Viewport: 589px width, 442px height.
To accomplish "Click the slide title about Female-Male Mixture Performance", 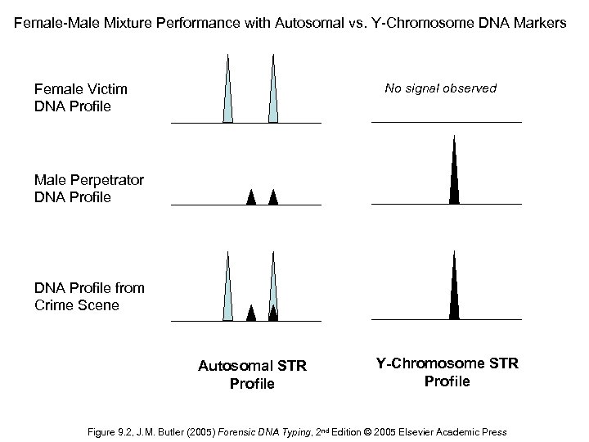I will click(x=294, y=24).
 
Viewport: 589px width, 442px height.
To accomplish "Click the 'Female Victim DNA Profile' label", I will click(x=81, y=97).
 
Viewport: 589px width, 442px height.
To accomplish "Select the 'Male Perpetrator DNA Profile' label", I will click(x=89, y=188).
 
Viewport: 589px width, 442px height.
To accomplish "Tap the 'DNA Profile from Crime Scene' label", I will click(x=89, y=296).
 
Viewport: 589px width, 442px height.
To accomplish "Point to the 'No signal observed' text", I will click(x=441, y=88).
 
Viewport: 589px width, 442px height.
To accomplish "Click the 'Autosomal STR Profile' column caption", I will click(x=252, y=375).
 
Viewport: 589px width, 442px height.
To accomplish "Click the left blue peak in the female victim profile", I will click(x=228, y=94).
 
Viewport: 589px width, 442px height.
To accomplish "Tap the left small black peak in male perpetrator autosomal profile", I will click(x=251, y=197).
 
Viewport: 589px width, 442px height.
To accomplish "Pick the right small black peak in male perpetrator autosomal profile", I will click(x=273, y=197).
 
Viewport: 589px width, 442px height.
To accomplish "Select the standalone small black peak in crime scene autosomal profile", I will click(x=251, y=312).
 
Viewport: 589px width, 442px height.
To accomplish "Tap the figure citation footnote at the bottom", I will click(x=294, y=431).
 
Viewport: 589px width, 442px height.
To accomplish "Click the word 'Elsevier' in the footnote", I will click(x=416, y=431).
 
